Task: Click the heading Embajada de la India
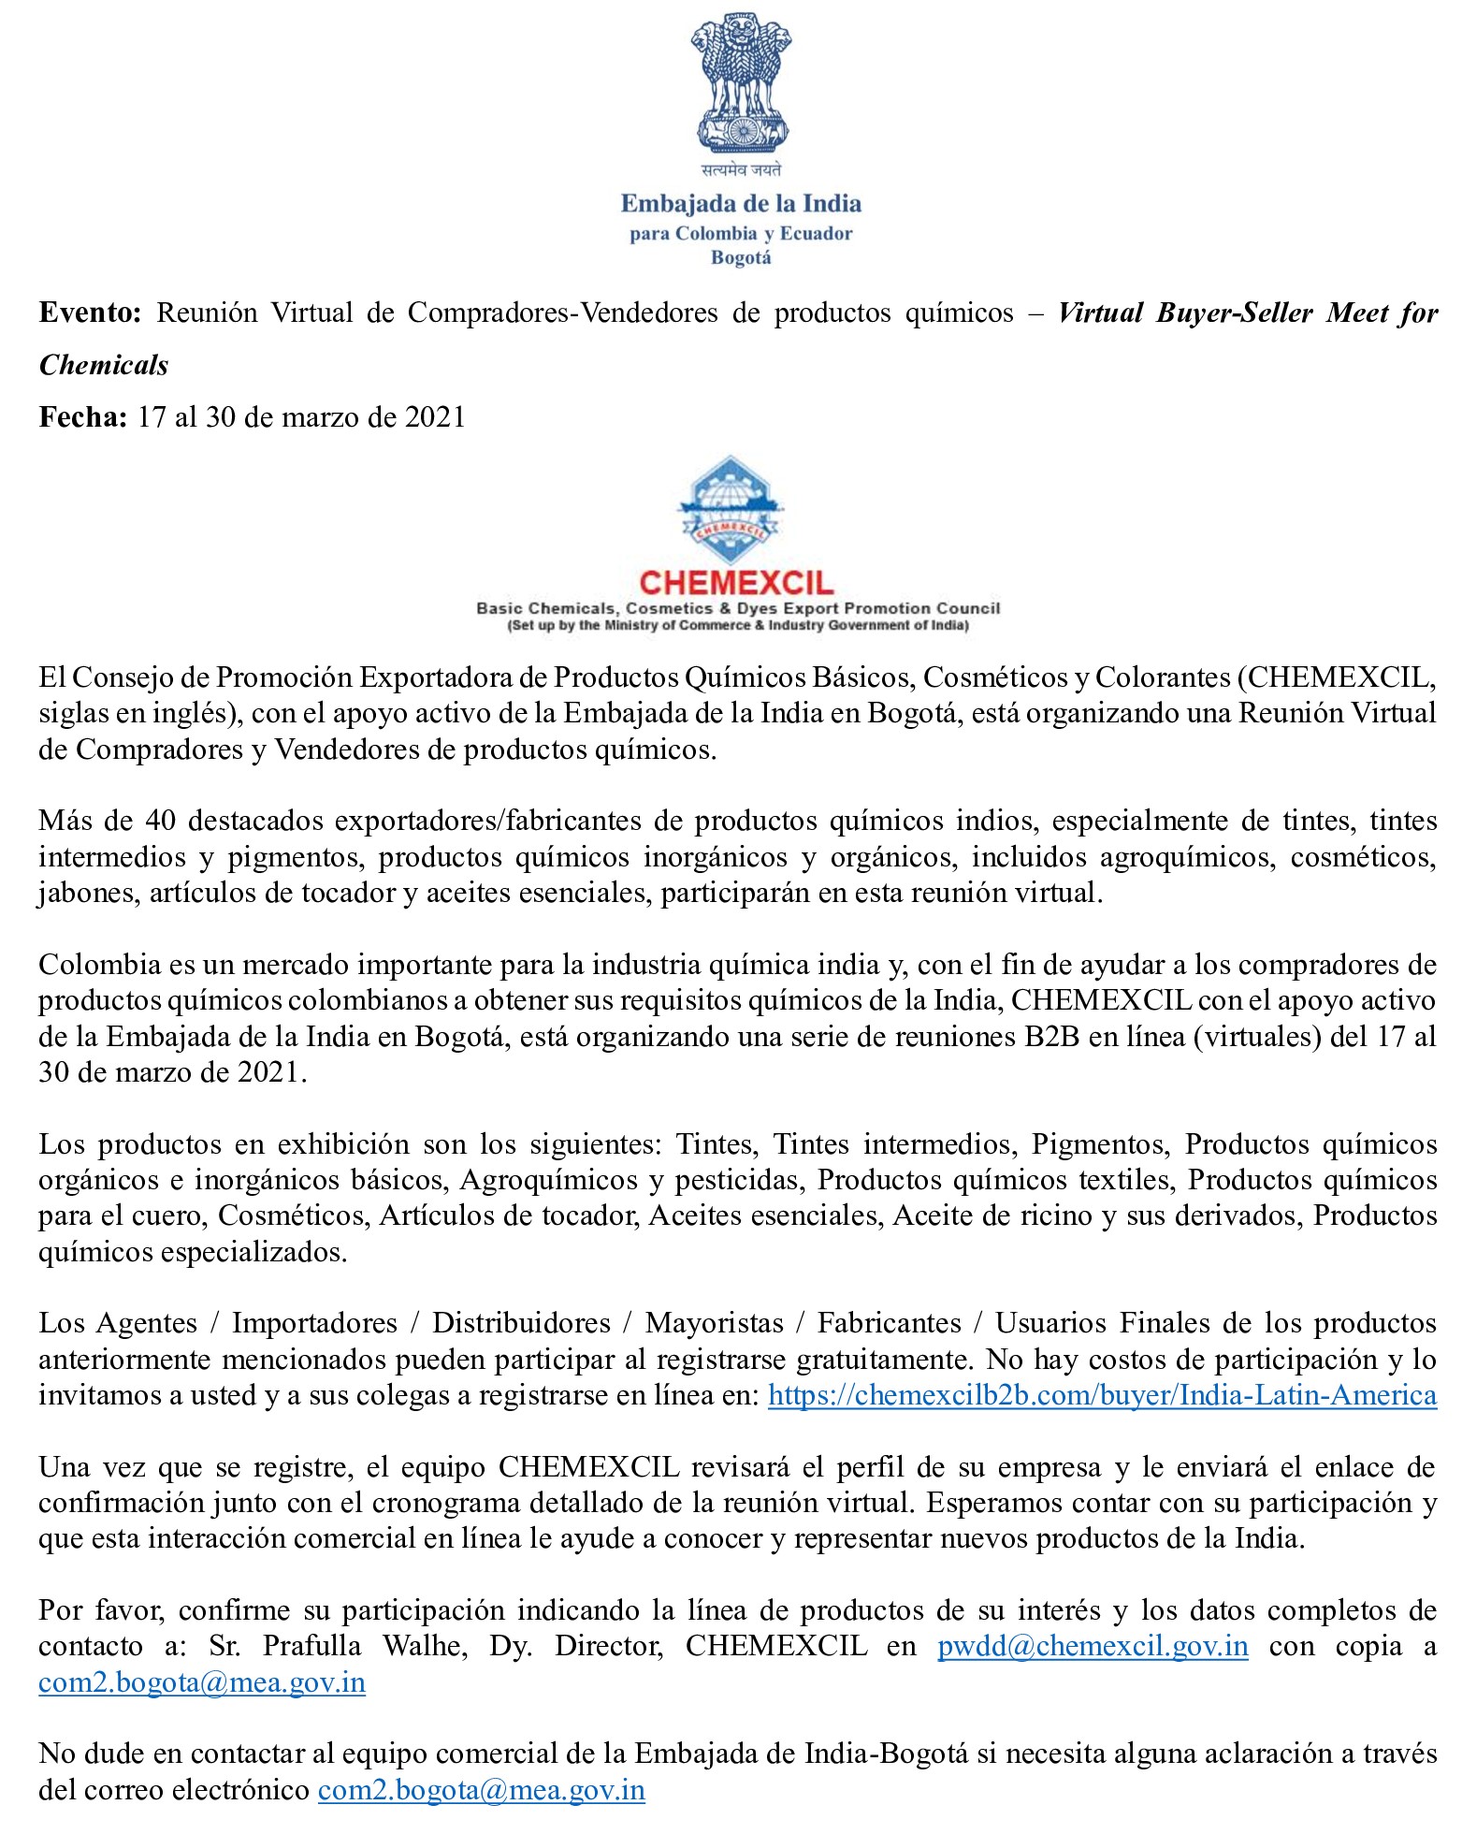[x=741, y=204]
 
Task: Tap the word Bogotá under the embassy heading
[x=741, y=257]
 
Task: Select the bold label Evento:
[x=90, y=313]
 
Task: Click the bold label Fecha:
[x=82, y=416]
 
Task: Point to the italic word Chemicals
[x=104, y=365]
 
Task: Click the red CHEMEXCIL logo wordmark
[x=736, y=583]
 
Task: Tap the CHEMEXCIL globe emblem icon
[x=731, y=511]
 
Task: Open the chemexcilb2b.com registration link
[x=1101, y=1395]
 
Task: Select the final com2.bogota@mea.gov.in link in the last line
[x=481, y=1790]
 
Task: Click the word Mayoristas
[x=714, y=1323]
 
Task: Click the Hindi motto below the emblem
[x=741, y=170]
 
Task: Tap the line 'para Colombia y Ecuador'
[x=741, y=233]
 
